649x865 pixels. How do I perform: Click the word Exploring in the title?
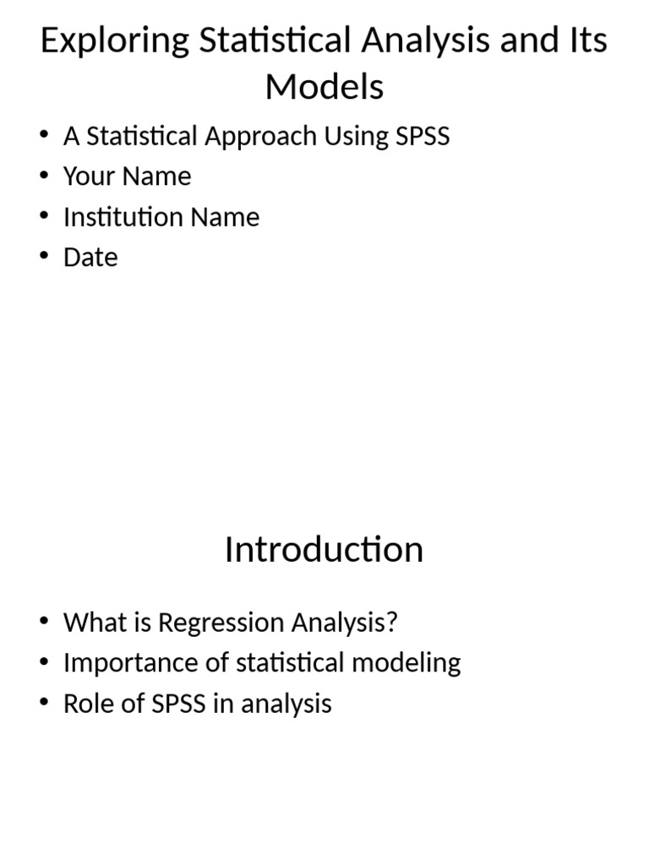(114, 41)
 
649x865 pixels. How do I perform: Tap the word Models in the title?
(324, 86)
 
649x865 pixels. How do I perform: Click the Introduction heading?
(324, 550)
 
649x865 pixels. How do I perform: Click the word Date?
(90, 258)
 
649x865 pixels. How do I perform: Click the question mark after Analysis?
(391, 623)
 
